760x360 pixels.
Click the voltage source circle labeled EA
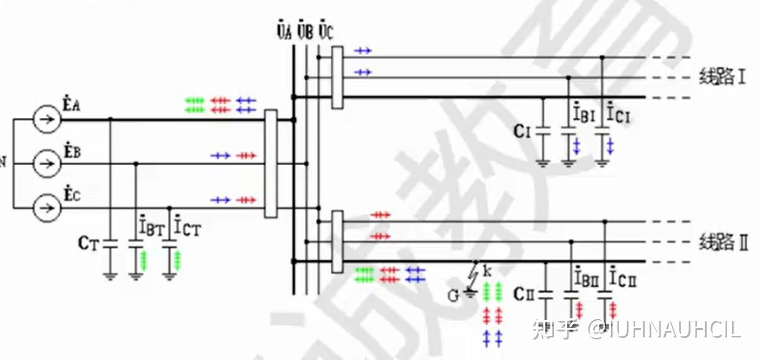47,119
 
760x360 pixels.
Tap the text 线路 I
722,77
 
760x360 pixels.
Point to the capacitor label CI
522,131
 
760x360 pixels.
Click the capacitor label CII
524,294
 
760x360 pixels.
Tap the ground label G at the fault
453,295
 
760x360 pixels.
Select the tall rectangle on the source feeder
271,164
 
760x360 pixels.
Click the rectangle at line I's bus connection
337,77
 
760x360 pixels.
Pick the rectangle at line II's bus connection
337,242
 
